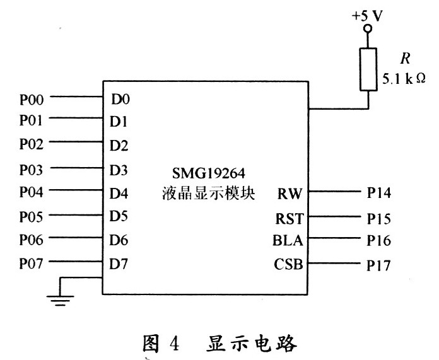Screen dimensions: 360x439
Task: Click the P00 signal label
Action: [x=31, y=98]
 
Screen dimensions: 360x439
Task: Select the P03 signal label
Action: [x=31, y=169]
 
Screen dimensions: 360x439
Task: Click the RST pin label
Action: [x=289, y=219]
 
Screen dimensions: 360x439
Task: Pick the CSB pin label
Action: [x=288, y=265]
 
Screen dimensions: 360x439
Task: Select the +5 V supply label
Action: [x=367, y=16]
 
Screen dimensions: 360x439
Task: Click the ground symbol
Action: [x=61, y=299]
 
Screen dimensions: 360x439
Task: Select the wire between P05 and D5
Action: [x=76, y=217]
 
